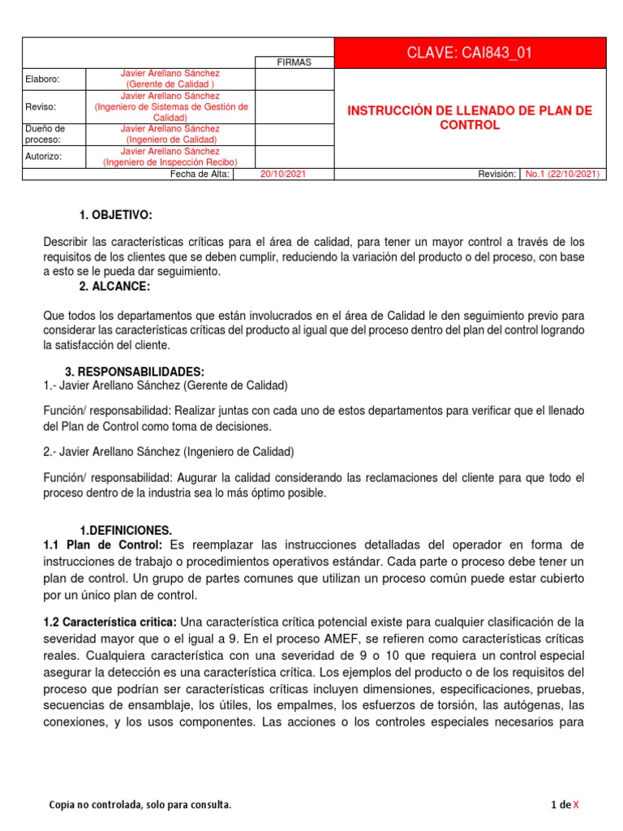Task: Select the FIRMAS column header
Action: pos(294,62)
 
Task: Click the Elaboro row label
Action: pos(43,79)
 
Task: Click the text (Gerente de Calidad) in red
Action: pos(170,84)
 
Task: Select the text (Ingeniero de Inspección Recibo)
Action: pos(170,162)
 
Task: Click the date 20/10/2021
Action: pos(283,174)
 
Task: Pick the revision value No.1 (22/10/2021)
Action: pos(562,174)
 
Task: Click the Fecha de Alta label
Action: pos(200,174)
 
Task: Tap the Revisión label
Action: pos(496,174)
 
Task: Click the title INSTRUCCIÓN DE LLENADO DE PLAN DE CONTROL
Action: pos(470,118)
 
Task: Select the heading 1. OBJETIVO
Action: pos(115,215)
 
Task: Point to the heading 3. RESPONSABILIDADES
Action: pos(134,372)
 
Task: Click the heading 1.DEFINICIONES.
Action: pos(126,530)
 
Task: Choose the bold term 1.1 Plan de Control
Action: pos(103,544)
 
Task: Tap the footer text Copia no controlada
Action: pos(140,805)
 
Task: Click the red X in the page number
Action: pos(576,805)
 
